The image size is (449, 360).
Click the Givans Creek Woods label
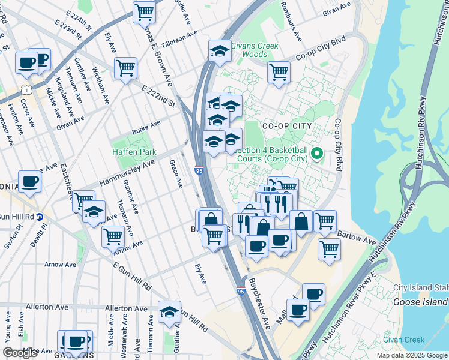click(255, 50)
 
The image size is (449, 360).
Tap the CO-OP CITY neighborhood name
click(287, 126)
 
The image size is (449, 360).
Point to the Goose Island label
click(420, 302)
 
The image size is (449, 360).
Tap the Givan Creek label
click(406, 340)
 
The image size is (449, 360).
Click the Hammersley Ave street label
click(127, 172)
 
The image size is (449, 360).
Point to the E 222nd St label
click(158, 95)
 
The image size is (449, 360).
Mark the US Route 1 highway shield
click(27, 89)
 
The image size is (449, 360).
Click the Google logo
click(20, 353)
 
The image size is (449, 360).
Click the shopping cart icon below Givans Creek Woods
click(279, 72)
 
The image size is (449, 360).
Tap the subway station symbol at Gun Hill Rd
click(40, 217)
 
